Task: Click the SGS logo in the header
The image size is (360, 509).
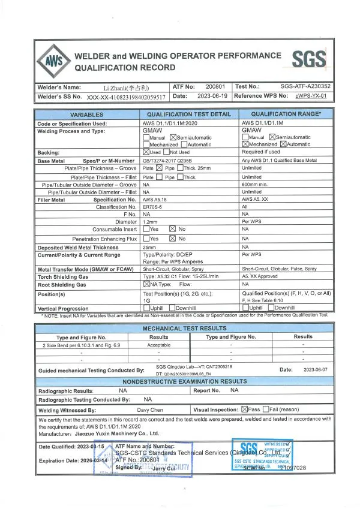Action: click(x=309, y=59)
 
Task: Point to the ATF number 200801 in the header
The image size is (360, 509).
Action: click(x=215, y=87)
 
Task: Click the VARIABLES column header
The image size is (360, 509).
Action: click(x=86, y=115)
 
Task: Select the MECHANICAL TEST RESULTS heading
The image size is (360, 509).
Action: click(x=180, y=329)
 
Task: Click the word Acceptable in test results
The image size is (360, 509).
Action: click(x=158, y=345)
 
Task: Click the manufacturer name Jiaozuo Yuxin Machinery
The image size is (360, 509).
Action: click(x=114, y=433)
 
